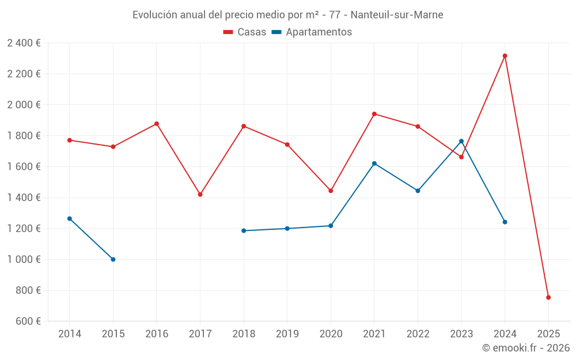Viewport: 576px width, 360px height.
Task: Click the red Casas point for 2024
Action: tap(505, 56)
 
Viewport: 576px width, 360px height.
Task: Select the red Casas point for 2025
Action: tap(548, 297)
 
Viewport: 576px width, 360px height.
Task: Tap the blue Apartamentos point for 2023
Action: tap(461, 141)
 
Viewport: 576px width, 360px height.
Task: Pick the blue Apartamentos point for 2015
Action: tap(113, 259)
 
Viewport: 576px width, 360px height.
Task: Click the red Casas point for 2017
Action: tap(200, 195)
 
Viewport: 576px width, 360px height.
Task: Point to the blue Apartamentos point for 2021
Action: tap(374, 164)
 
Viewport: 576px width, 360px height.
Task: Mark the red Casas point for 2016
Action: tap(157, 124)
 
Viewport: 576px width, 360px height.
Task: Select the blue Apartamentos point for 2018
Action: tap(244, 230)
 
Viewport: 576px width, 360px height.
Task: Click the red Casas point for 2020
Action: tap(331, 191)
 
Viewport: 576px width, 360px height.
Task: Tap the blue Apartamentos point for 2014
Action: tap(70, 219)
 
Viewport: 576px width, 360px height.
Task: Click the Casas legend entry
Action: tap(245, 32)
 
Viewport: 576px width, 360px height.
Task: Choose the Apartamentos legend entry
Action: tap(312, 32)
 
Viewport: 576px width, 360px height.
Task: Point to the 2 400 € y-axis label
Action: tap(24, 43)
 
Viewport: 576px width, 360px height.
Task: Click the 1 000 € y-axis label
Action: tap(24, 259)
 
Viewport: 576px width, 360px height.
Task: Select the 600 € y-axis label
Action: tap(27, 321)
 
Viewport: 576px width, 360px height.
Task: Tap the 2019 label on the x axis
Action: tap(287, 334)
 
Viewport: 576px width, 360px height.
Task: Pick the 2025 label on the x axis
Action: tap(548, 334)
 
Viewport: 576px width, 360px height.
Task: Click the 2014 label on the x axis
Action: tap(70, 334)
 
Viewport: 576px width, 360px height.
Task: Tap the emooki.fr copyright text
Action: tap(525, 348)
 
